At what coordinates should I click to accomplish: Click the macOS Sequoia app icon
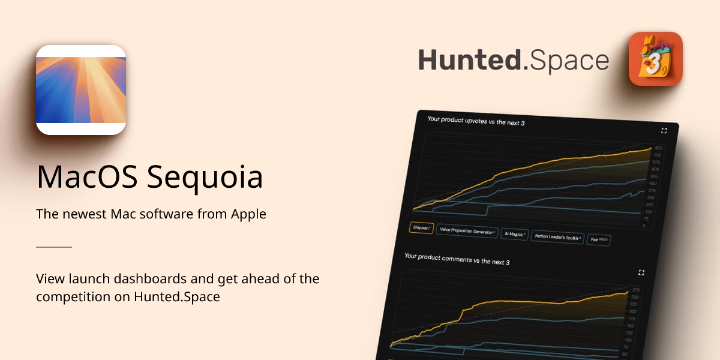pyautogui.click(x=81, y=90)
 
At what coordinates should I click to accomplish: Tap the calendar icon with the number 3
pyautogui.click(x=655, y=59)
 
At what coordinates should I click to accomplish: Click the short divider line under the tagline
pyautogui.click(x=54, y=247)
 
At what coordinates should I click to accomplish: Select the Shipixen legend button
pyautogui.click(x=421, y=228)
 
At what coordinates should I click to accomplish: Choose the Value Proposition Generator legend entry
pyautogui.click(x=467, y=231)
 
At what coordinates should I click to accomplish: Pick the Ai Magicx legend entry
pyautogui.click(x=514, y=234)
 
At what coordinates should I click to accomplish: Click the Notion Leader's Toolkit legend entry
pyautogui.click(x=558, y=237)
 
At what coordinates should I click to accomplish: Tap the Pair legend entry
pyautogui.click(x=598, y=239)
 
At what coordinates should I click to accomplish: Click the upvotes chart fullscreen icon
pyautogui.click(x=664, y=130)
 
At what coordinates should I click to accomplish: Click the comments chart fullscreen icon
pyautogui.click(x=641, y=272)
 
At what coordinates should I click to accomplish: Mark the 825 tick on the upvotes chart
pyautogui.click(x=658, y=148)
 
